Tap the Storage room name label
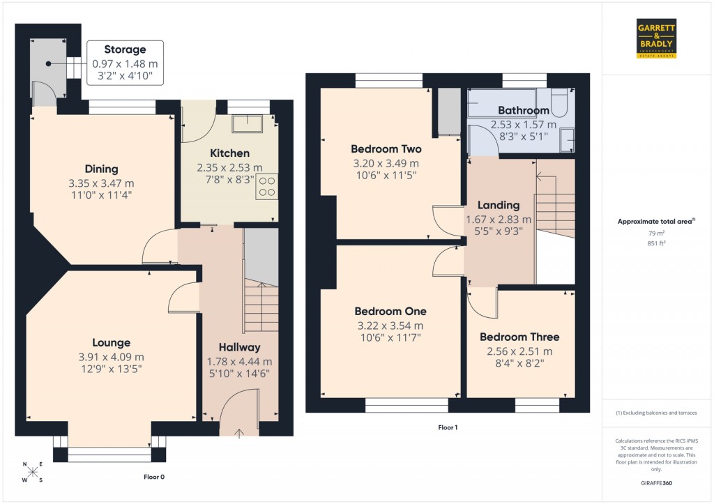coord(125,49)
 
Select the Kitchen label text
coord(229,153)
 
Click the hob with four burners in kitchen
coord(267,186)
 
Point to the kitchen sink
coord(248,124)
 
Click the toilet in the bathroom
coord(559,104)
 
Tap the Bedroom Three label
coord(519,337)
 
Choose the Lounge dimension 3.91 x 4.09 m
coord(112,357)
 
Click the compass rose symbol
coord(33,472)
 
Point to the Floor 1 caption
coord(448,427)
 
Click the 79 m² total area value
coord(655,234)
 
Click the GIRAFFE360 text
coord(655,483)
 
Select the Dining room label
coord(102,169)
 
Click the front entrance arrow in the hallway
coord(239,433)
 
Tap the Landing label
coord(499,205)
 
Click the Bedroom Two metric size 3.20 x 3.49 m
coord(386,163)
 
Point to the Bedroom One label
coord(390,311)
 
